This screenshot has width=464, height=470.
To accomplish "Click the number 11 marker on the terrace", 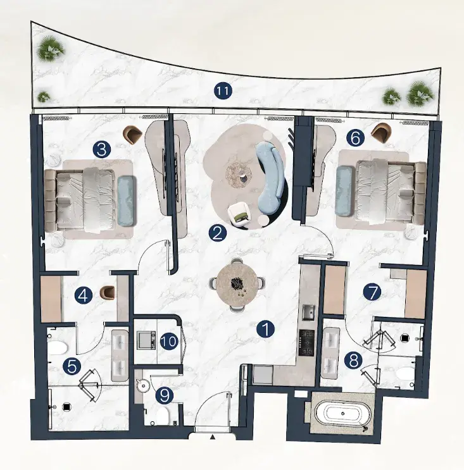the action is click(223, 91).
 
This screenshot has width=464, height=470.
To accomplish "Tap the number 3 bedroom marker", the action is click(102, 149).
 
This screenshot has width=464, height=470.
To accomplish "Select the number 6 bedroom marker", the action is click(355, 139).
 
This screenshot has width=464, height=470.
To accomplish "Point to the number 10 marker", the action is click(170, 342).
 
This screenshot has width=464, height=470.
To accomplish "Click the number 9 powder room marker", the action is click(165, 395).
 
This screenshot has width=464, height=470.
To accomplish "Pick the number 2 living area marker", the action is click(218, 233).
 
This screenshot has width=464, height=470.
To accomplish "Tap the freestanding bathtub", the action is click(343, 414).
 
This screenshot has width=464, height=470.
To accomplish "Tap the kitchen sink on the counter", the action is click(308, 313).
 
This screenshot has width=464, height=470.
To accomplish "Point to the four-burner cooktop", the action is click(306, 342).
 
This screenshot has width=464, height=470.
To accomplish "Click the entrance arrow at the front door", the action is click(213, 437).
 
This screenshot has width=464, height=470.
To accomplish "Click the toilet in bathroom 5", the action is click(57, 347).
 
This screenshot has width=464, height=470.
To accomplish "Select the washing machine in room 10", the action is click(146, 340).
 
